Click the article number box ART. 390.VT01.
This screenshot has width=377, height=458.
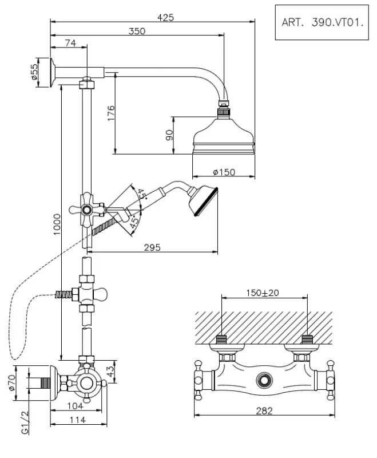pos(322,23)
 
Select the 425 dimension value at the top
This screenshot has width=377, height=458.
pos(165,18)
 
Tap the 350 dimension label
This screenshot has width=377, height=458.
pos(137,31)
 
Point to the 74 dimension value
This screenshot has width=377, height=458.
pos(70,44)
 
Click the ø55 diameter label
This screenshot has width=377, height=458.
pos(34,72)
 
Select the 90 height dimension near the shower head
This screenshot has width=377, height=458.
pos(169,136)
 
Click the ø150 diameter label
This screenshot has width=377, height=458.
pos(224,172)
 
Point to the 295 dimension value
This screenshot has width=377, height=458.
pos(152,247)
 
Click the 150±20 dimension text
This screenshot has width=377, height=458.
pos(263,293)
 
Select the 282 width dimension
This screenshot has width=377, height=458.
pos(264,410)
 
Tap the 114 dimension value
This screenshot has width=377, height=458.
pos(77,420)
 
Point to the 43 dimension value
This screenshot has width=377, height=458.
pos(111,371)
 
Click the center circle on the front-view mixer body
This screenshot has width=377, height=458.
pos(264,380)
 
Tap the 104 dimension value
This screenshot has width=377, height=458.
pos(76,406)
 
